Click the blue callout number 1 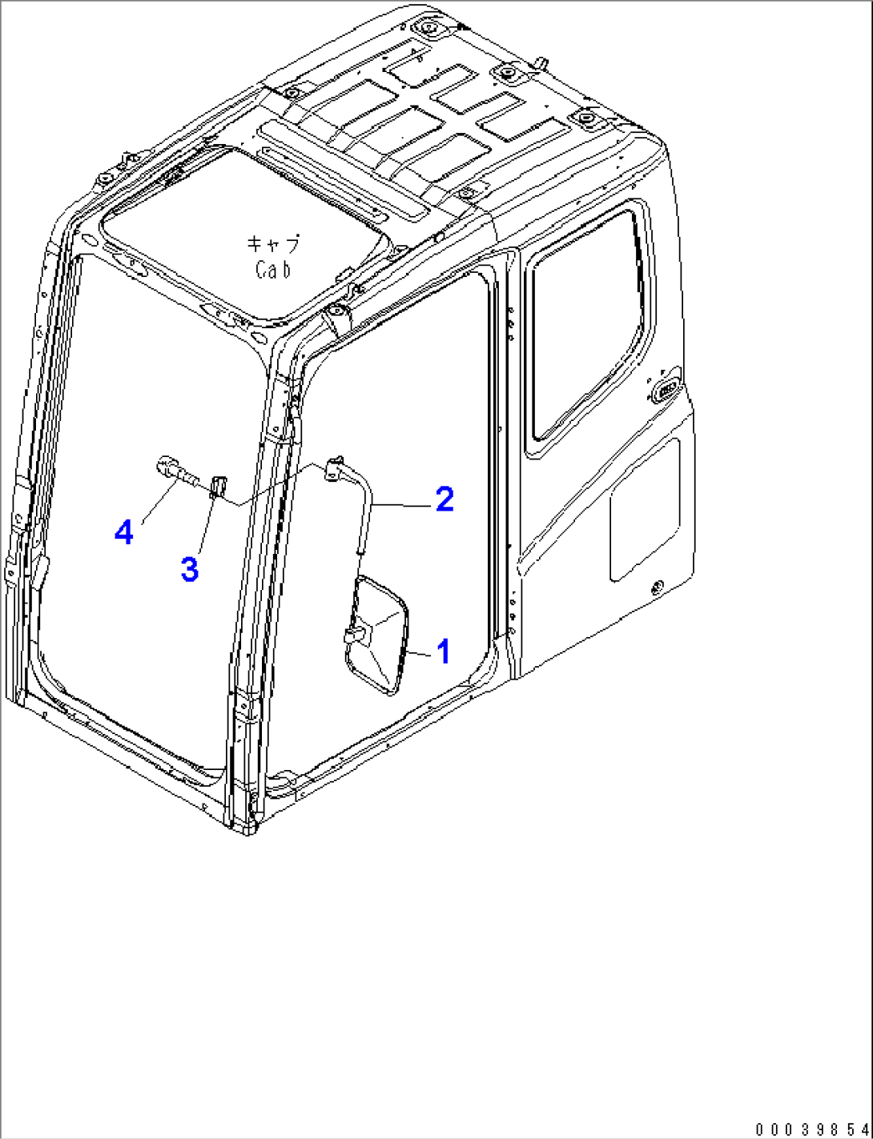tap(444, 652)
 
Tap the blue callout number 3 tap(189, 569)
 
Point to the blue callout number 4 tap(123, 533)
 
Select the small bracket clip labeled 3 tap(218, 487)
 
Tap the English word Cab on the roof tap(273, 270)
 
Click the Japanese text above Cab tap(274, 244)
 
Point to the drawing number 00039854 tap(813, 1128)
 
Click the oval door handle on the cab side tap(666, 390)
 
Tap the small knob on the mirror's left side tap(356, 636)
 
